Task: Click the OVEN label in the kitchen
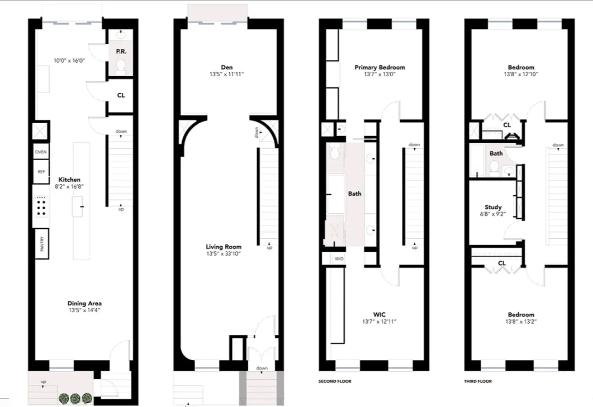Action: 41,152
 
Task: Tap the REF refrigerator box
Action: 41,172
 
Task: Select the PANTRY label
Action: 42,244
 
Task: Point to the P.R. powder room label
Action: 121,51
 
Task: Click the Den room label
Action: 226,67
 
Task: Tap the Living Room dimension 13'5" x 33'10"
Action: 223,253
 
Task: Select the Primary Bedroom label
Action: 380,67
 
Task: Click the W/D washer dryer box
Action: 339,259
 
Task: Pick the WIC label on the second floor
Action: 379,315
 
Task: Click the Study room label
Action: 493,207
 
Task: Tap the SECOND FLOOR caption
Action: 335,381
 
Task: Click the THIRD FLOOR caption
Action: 477,381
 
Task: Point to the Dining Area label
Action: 84,303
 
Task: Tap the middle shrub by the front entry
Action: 75,397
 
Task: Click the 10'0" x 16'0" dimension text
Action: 69,60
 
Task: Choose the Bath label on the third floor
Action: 496,153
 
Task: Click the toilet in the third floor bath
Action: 493,167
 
